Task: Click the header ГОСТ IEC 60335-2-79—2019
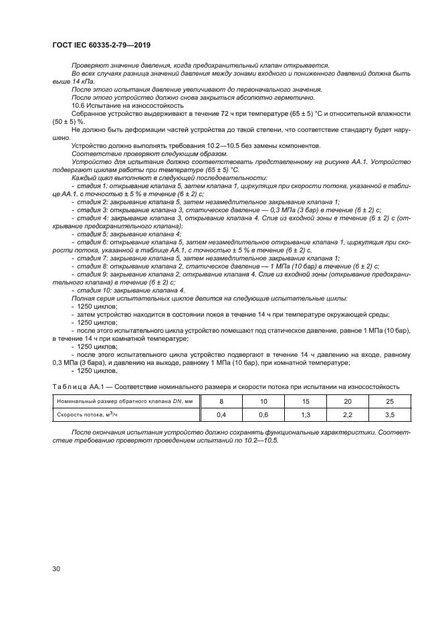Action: tap(101, 46)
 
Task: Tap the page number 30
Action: tap(57, 568)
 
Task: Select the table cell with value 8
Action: tap(222, 402)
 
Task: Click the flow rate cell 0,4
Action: tap(222, 415)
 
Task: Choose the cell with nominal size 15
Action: tap(306, 402)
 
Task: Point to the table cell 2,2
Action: tap(348, 415)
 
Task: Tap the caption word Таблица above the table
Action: tap(70, 386)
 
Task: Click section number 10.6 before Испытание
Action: tap(79, 105)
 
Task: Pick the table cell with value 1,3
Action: tap(306, 415)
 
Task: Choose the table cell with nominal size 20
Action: tap(348, 402)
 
